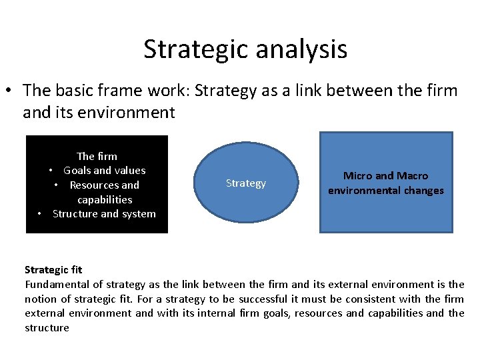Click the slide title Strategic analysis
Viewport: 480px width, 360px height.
tap(245, 49)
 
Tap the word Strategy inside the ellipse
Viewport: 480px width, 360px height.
tap(245, 183)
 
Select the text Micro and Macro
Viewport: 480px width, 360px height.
tap(385, 176)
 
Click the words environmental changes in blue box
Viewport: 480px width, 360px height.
tap(385, 191)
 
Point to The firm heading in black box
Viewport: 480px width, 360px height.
tap(97, 156)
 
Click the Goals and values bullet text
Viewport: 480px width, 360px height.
tap(104, 171)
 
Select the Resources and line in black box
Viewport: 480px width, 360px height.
tap(104, 185)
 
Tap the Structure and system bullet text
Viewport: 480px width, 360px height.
tap(104, 214)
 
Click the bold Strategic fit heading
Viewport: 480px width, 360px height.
tap(53, 270)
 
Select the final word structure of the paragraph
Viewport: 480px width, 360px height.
tap(47, 327)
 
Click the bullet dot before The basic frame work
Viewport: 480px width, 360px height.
tap(11, 90)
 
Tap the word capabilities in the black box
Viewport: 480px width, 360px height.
tap(105, 200)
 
